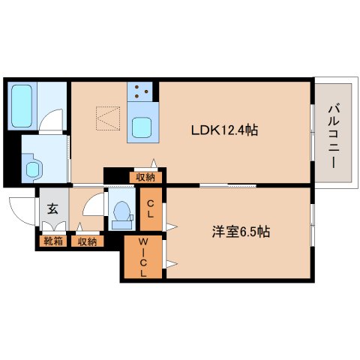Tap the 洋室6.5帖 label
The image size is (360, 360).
pyautogui.click(x=240, y=232)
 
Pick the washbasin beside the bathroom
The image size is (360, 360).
pyautogui.click(x=32, y=167)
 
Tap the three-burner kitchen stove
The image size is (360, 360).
pyautogui.click(x=142, y=93)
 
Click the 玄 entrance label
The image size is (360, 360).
pyautogui.click(x=53, y=209)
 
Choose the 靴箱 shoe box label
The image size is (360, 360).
pyautogui.click(x=53, y=241)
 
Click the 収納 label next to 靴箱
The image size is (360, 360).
pyautogui.click(x=87, y=241)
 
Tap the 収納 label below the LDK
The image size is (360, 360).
pyautogui.click(x=145, y=177)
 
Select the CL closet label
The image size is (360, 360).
pyautogui.click(x=151, y=208)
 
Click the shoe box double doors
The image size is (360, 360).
pyautogui.click(x=52, y=228)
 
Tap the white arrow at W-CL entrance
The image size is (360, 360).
pyautogui.click(x=172, y=262)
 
